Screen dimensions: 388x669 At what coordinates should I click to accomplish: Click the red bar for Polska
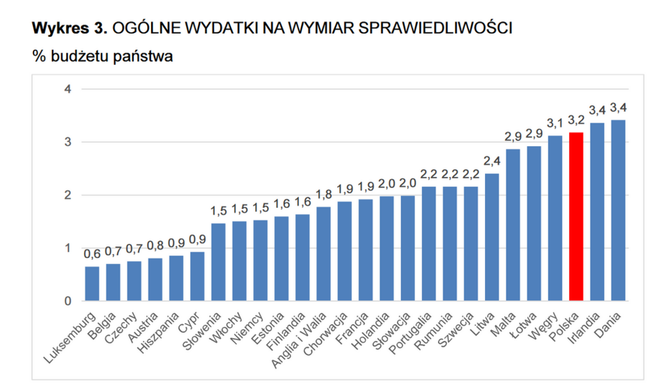[x=576, y=217]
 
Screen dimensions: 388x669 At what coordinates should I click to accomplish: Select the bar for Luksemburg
[x=92, y=284]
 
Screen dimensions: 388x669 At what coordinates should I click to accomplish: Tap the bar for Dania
[x=618, y=210]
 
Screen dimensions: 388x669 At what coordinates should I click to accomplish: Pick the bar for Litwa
[x=492, y=237]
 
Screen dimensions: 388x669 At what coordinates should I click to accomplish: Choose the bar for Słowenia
[x=218, y=262]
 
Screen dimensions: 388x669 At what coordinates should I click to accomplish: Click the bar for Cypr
[x=197, y=276]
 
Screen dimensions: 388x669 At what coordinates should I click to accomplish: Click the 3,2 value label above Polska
[x=576, y=121]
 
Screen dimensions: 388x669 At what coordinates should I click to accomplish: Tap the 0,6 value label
[x=92, y=254]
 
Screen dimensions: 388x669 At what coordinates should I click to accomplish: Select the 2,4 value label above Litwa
[x=492, y=161]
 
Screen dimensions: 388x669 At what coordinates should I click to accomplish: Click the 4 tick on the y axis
[x=68, y=89]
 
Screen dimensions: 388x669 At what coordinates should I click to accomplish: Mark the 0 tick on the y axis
[x=68, y=301]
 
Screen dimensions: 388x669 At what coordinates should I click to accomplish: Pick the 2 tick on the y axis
[x=68, y=195]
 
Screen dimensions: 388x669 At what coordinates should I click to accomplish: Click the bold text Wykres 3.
[x=70, y=28]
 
